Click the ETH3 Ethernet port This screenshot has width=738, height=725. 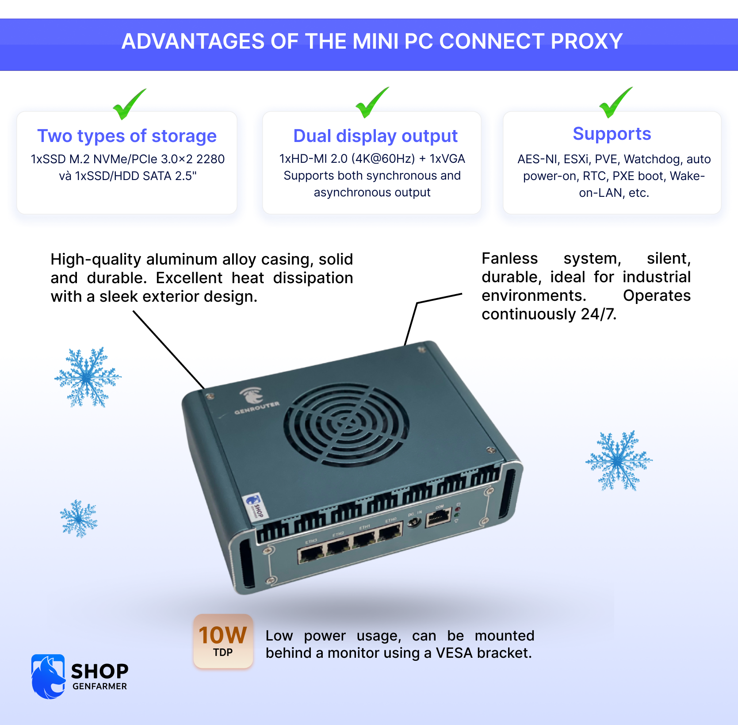[x=311, y=553]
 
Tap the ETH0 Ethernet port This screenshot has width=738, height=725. [x=390, y=533]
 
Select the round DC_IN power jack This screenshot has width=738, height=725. [x=414, y=522]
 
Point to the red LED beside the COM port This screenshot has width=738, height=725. [x=458, y=509]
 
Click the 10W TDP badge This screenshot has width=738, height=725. [x=223, y=641]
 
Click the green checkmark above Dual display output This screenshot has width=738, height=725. [x=371, y=103]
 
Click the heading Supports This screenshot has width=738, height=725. [x=612, y=134]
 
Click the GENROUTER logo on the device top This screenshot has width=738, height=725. [x=255, y=401]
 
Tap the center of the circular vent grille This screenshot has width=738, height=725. [x=346, y=424]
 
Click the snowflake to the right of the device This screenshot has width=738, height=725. [x=619, y=461]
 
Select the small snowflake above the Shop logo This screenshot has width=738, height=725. [x=79, y=518]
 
